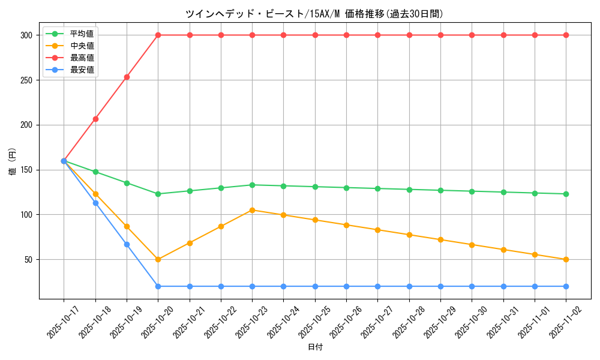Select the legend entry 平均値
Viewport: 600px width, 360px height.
[x=82, y=34]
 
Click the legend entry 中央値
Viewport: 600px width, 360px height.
[x=82, y=46]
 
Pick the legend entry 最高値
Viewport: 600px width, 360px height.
[x=82, y=58]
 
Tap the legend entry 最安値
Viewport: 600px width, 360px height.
[x=82, y=70]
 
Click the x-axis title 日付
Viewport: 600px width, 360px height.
[x=315, y=347]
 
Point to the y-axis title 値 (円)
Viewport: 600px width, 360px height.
[x=13, y=161]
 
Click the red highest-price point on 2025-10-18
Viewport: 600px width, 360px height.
[x=95, y=119]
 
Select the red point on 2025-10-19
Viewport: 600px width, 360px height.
[x=127, y=77]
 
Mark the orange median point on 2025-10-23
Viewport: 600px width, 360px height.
[x=252, y=210]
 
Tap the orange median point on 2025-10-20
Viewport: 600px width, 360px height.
[x=158, y=259]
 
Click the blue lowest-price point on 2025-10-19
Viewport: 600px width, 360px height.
[x=127, y=244]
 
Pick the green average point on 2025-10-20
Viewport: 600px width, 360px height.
[x=158, y=194]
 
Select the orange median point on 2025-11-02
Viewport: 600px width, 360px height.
[x=566, y=259]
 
